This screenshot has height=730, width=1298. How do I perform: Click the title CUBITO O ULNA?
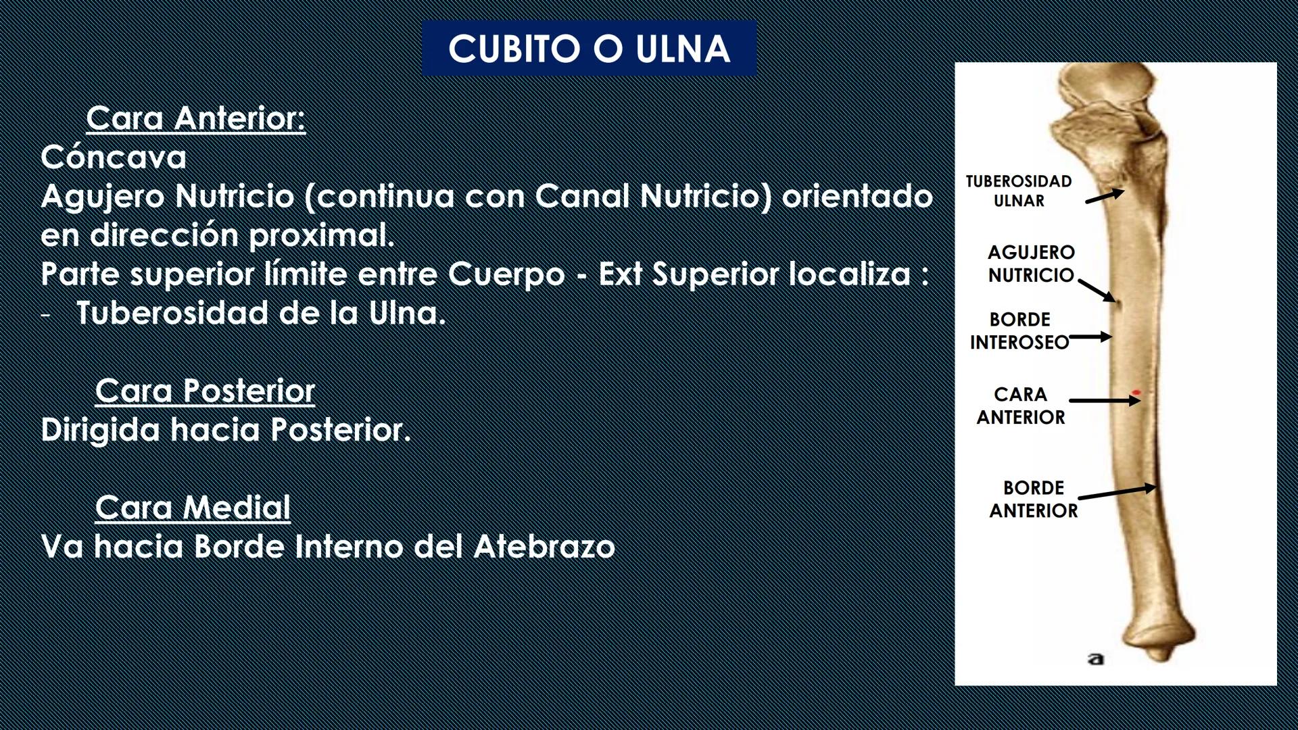coord(589,49)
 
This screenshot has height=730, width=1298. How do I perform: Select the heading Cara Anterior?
coord(195,118)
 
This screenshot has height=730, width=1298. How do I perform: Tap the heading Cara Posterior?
coord(205,391)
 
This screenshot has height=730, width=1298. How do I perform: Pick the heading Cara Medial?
coord(193,508)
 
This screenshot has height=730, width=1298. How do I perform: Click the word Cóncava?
coord(114,157)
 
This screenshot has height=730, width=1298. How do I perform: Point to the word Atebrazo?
coord(544,547)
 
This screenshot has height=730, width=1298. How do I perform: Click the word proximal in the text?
coord(321,235)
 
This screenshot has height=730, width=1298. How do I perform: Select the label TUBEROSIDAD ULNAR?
coord(1019,191)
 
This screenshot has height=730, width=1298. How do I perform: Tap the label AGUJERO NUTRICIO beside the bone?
coord(1031,264)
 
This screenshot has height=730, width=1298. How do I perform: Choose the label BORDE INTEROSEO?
coord(1019,331)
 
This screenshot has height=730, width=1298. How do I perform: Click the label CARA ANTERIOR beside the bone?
coord(1021,406)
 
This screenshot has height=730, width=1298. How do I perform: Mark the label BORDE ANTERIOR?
coord(1034,499)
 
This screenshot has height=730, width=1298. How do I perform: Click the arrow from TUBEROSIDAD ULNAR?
coord(1105,196)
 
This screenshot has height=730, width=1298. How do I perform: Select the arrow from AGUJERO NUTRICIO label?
coord(1097,290)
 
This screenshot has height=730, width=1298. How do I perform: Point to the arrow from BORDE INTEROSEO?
coord(1090,337)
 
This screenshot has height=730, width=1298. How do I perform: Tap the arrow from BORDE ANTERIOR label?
coord(1117,492)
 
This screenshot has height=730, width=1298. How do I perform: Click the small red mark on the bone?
coord(1137,392)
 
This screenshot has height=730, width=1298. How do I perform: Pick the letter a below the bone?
coord(1096,658)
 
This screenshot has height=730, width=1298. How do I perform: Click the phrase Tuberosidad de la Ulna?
coord(261,314)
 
